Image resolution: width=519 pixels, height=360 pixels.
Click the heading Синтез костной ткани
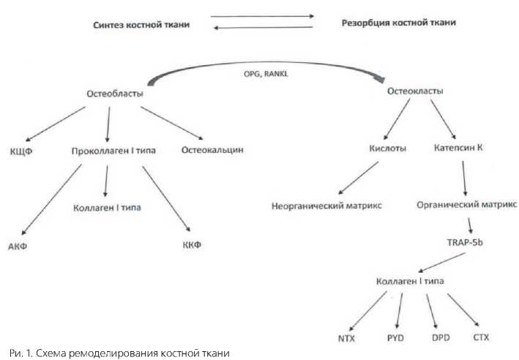pos(141,25)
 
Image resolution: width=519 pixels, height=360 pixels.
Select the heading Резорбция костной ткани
pos(399,23)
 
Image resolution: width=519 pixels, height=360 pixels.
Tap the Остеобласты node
pos(113,94)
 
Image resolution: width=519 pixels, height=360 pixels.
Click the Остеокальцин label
pos(212,151)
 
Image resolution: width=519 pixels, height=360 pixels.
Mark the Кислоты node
pos(388,149)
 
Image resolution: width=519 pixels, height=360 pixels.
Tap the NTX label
pos(346,338)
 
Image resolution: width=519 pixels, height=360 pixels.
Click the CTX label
pos(480,338)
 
